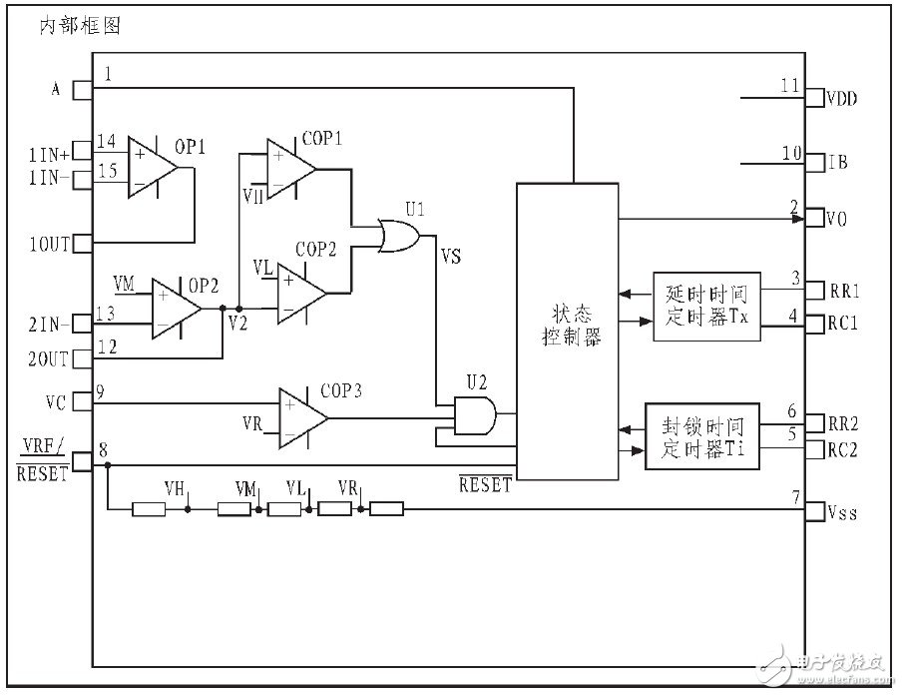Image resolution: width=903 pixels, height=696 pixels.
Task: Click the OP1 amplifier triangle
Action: pyautogui.click(x=151, y=167)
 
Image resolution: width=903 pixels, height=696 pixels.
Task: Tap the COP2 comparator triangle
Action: pyautogui.click(x=300, y=293)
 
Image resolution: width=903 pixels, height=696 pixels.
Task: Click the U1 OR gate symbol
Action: pyautogui.click(x=400, y=235)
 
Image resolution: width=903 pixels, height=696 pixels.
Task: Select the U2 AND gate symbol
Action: pyautogui.click(x=472, y=413)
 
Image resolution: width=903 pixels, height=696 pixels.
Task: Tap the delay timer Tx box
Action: pyautogui.click(x=705, y=306)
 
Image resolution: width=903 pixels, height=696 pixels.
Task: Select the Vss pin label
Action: pyautogui.click(x=842, y=513)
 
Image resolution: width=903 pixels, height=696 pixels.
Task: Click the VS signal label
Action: pyautogui.click(x=451, y=257)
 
